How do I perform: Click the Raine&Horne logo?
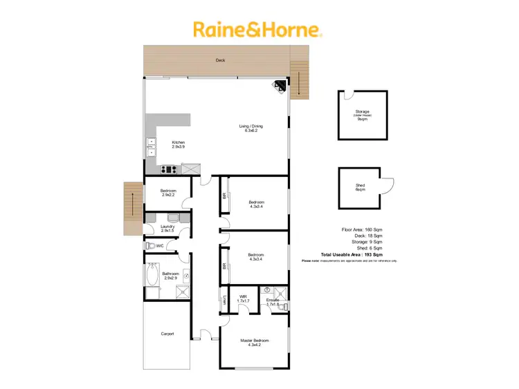tap(257, 30)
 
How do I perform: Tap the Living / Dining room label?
tap(251, 129)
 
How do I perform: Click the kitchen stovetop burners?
tap(168, 169)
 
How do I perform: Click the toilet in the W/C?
tap(149, 245)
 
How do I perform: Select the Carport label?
tap(167, 334)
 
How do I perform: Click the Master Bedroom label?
tap(254, 342)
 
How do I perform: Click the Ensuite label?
tap(272, 302)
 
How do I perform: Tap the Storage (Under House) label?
tap(362, 114)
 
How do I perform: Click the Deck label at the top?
tap(220, 61)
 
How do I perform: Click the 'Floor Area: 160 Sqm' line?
tap(362, 228)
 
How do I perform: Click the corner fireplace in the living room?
tap(280, 86)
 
